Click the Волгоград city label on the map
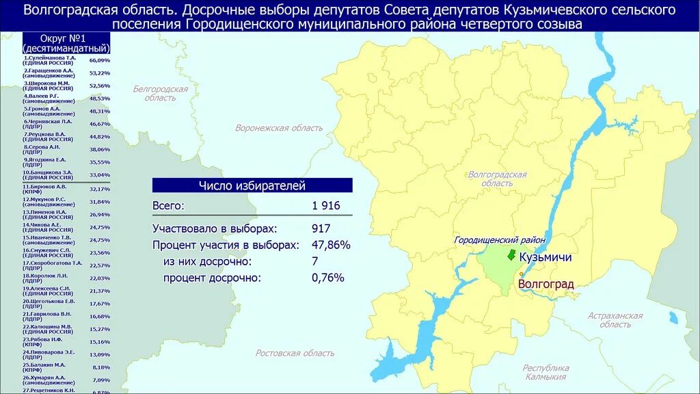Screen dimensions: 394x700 [x=546, y=284]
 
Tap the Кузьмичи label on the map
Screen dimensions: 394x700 [x=545, y=258]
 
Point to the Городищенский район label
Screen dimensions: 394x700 [x=500, y=240]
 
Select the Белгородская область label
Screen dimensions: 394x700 [x=160, y=94]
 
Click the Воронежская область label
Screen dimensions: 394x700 [x=279, y=128]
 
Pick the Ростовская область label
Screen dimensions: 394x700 [x=295, y=353]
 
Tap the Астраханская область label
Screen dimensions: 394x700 [x=615, y=319]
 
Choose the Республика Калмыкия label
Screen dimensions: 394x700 [x=546, y=372]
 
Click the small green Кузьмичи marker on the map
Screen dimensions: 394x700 [x=510, y=255]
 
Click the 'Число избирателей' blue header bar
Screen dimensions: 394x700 [x=252, y=185]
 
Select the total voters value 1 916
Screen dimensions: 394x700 [x=325, y=206]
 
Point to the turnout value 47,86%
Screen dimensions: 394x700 [x=331, y=245]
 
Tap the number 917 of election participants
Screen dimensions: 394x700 [x=321, y=228]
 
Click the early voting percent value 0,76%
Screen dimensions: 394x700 [x=327, y=278]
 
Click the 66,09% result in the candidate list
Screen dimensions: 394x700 [x=99, y=60]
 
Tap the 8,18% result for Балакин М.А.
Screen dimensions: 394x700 [x=100, y=367]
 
